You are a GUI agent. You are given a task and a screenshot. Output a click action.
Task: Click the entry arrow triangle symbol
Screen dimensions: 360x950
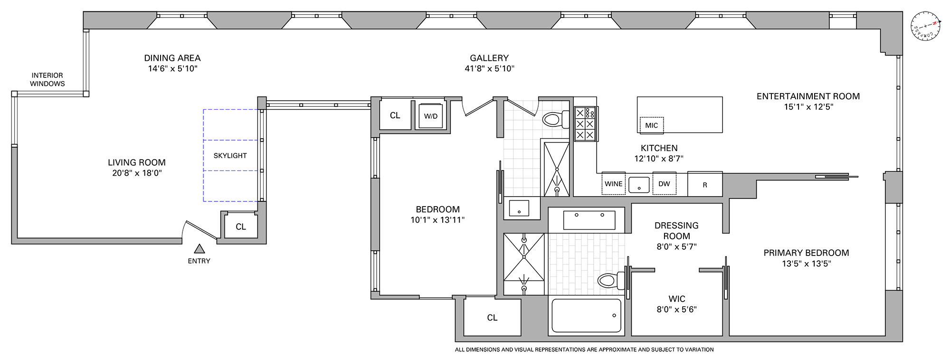pyautogui.click(x=199, y=248)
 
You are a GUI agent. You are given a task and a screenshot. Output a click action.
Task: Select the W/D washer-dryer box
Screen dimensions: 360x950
pyautogui.click(x=430, y=115)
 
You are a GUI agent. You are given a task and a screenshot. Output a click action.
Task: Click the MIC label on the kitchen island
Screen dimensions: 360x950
pyautogui.click(x=651, y=125)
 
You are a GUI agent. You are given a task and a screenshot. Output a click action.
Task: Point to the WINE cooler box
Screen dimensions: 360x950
pyautogui.click(x=613, y=184)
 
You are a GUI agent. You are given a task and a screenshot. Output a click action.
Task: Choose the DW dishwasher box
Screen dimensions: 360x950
pyautogui.click(x=664, y=184)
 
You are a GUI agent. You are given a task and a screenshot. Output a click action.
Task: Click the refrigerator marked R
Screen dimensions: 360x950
pyautogui.click(x=705, y=185)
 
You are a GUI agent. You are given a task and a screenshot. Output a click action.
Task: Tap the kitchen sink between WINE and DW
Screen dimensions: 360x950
pyautogui.click(x=639, y=184)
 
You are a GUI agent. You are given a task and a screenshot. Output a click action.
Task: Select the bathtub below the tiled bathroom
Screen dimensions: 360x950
pyautogui.click(x=586, y=315)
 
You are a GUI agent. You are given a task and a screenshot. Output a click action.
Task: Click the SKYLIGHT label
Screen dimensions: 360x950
pyautogui.click(x=230, y=155)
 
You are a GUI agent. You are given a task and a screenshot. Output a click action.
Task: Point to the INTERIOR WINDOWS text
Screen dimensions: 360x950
pyautogui.click(x=47, y=79)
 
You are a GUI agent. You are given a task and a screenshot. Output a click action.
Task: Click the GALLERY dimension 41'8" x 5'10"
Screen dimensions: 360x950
pyautogui.click(x=489, y=68)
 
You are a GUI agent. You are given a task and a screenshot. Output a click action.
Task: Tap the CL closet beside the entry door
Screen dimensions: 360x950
pyautogui.click(x=241, y=227)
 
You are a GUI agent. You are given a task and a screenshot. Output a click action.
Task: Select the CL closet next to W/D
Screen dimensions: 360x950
pyautogui.click(x=395, y=115)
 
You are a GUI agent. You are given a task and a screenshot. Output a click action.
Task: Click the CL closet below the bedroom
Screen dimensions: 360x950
pyautogui.click(x=492, y=318)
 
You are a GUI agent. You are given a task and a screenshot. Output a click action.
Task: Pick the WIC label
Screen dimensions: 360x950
pyautogui.click(x=676, y=299)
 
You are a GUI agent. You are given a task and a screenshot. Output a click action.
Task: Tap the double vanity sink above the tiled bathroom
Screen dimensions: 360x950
pyautogui.click(x=589, y=220)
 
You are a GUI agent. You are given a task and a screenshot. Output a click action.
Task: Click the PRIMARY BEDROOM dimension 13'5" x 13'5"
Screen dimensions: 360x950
pyautogui.click(x=806, y=264)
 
